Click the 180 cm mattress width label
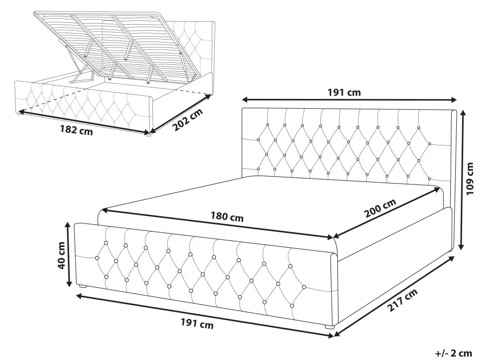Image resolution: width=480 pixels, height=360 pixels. pyautogui.click(x=227, y=217)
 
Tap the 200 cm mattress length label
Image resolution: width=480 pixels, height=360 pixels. pyautogui.click(x=381, y=208)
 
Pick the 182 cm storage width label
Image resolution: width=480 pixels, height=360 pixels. pyautogui.click(x=76, y=130)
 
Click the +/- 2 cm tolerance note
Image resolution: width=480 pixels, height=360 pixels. pyautogui.click(x=454, y=353)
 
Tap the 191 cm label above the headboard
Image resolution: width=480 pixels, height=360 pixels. pyautogui.click(x=344, y=92)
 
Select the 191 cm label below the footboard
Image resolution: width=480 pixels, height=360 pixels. pyautogui.click(x=197, y=323)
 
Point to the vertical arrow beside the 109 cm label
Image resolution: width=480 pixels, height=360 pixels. pyautogui.click(x=462, y=180)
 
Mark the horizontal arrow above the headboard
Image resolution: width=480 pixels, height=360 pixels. pyautogui.click(x=349, y=100)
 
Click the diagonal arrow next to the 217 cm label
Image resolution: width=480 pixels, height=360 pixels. pyautogui.click(x=394, y=296)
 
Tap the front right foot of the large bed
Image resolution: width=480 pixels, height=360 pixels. pyautogui.click(x=330, y=327)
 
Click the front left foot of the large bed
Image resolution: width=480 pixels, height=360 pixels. pyautogui.click(x=83, y=287)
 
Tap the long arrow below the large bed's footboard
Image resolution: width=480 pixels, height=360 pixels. pyautogui.click(x=205, y=315)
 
